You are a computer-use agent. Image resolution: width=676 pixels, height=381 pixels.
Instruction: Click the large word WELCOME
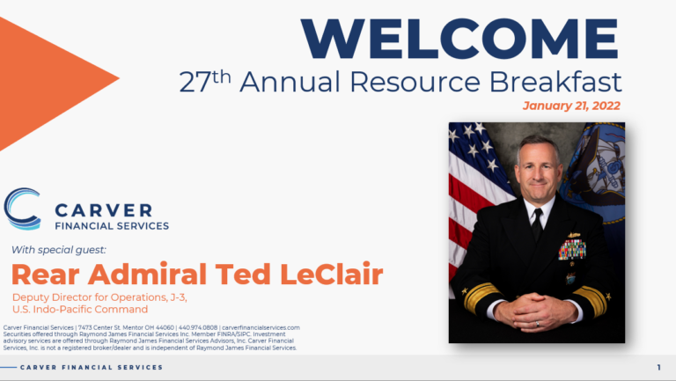pos(460,38)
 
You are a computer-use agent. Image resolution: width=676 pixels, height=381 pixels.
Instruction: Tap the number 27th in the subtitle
pos(205,82)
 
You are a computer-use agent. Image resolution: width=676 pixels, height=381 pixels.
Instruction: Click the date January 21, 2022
pos(571,106)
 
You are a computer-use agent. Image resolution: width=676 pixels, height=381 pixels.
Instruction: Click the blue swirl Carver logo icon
pos(22,209)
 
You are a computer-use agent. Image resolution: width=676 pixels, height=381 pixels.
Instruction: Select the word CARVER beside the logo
pos(103,209)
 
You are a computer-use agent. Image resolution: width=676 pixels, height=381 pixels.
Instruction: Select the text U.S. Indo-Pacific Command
pos(80,309)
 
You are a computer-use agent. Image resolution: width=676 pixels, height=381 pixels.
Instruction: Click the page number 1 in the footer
pos(659,367)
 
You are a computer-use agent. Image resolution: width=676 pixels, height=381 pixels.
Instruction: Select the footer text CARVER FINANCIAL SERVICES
pos(92,367)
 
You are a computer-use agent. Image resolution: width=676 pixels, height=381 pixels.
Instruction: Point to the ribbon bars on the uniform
pos(571,249)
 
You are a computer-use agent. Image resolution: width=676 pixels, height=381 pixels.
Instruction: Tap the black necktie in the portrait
pos(536,227)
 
